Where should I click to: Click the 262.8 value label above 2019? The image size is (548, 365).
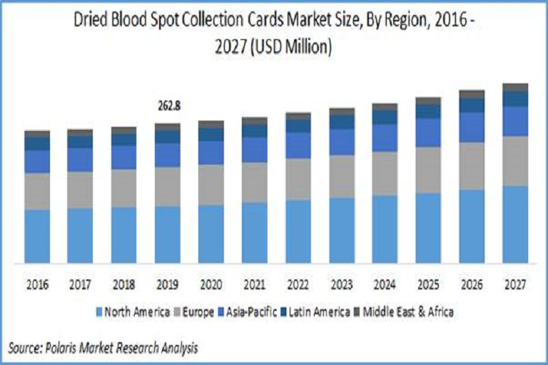tap(168, 106)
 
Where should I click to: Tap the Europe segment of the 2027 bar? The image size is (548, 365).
tap(515, 161)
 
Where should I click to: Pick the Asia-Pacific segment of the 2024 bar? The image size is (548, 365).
tap(385, 138)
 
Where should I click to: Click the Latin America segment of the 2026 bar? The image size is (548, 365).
tap(472, 106)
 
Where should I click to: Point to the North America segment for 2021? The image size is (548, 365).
tap(255, 232)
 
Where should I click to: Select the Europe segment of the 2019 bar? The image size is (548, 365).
tap(168, 187)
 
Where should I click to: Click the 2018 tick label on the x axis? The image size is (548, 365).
tap(124, 284)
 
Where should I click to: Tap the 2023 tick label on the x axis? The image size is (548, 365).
tap(342, 284)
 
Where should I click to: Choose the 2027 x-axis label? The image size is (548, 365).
tap(515, 284)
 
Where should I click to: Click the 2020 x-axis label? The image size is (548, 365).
tap(211, 284)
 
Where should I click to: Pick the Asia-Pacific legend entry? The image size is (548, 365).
tap(254, 312)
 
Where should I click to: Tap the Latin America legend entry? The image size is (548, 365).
tap(320, 312)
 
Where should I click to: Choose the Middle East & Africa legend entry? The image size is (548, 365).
tap(409, 312)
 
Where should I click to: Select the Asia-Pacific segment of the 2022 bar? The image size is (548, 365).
tap(298, 145)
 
